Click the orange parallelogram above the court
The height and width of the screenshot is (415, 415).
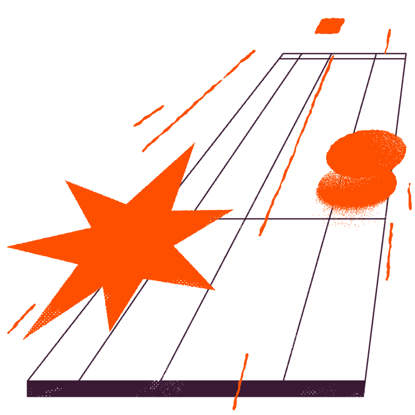coord(330,26)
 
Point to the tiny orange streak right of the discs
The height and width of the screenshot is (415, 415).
coord(409,196)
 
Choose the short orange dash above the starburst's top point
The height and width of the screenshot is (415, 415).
coord(149,116)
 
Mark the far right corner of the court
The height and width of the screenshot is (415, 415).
coord(406,54)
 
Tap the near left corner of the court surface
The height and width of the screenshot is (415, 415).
coord(28,380)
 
